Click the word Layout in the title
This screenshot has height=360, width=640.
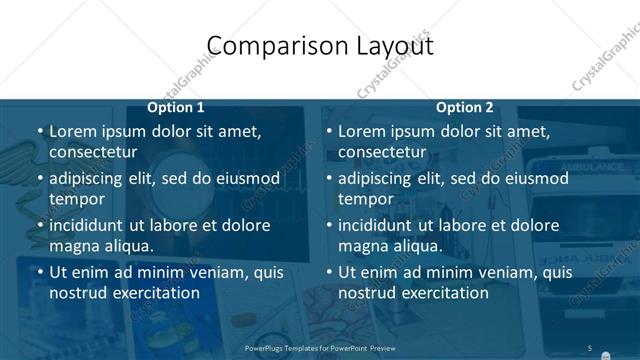(392, 46)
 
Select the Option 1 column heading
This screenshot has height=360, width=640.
(176, 107)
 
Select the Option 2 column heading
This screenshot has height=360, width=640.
(464, 107)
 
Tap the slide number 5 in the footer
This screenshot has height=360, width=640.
(590, 347)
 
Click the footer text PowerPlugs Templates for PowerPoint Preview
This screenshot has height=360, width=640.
(320, 348)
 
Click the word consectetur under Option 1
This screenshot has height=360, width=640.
(93, 152)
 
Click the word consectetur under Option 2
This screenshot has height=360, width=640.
(382, 152)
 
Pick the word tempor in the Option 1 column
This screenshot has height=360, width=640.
(77, 199)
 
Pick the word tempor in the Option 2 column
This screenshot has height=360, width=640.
(366, 199)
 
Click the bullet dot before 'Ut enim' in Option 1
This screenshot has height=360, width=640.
(40, 272)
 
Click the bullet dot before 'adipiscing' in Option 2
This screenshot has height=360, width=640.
(329, 179)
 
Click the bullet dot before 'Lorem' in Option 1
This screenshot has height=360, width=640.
(40, 131)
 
